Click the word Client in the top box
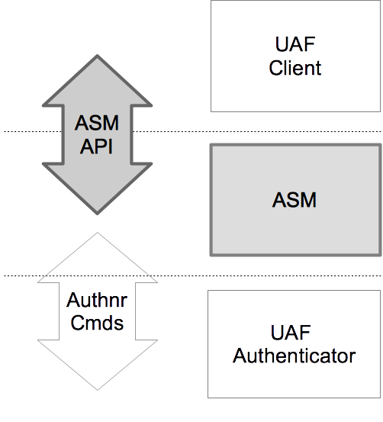(295, 68)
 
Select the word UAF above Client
(295, 44)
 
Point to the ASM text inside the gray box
(294, 201)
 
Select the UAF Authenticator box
(294, 382)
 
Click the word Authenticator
(294, 356)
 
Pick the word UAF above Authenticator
(294, 333)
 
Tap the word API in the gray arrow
(96, 146)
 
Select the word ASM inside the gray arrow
(96, 122)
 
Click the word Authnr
(96, 300)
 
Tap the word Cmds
(96, 323)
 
